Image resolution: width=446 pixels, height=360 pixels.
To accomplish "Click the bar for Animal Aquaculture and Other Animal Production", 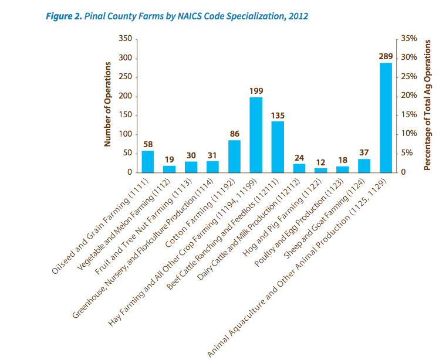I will [386, 118].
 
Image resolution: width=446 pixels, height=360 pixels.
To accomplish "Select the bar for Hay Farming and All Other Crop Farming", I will [256, 135].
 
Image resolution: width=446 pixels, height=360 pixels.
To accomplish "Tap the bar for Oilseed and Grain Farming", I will [148, 162].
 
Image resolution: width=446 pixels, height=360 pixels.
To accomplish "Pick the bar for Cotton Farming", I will [234, 157].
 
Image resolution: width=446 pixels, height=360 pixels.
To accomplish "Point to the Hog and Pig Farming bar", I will [321, 171].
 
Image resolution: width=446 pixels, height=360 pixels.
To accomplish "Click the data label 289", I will [386, 56].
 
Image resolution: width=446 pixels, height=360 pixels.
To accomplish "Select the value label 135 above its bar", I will [278, 116].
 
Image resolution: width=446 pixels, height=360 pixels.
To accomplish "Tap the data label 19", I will [169, 159].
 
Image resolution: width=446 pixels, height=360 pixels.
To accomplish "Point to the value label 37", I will [364, 152].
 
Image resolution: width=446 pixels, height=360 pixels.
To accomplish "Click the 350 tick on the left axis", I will [124, 39].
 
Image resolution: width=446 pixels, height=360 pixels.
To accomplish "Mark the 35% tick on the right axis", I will [409, 39].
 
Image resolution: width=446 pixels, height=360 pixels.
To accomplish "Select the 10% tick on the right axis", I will [409, 134].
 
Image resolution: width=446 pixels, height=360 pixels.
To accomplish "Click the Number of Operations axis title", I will [107, 106].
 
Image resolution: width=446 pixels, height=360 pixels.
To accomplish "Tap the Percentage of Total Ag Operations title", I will [427, 106].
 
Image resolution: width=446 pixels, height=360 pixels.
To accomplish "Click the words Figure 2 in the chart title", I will [63, 16].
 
